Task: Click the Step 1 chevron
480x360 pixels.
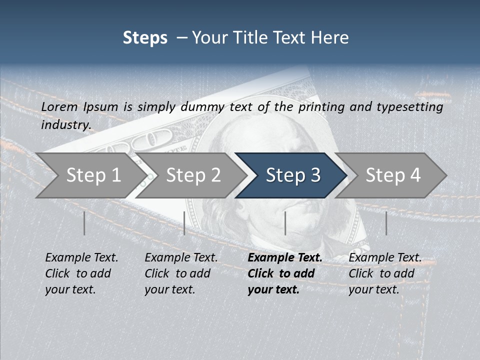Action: (x=90, y=175)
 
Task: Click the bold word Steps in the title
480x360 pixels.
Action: (x=145, y=38)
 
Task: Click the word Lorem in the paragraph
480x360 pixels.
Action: (x=59, y=106)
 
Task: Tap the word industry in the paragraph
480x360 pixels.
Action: (x=65, y=124)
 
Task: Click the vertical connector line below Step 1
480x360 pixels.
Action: (x=84, y=223)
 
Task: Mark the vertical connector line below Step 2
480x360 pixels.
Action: (x=184, y=223)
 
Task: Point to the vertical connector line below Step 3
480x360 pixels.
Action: (x=285, y=223)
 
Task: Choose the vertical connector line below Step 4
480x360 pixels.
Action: (x=386, y=223)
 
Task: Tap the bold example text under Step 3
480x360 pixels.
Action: (x=284, y=273)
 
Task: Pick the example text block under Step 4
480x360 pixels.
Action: (x=384, y=273)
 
